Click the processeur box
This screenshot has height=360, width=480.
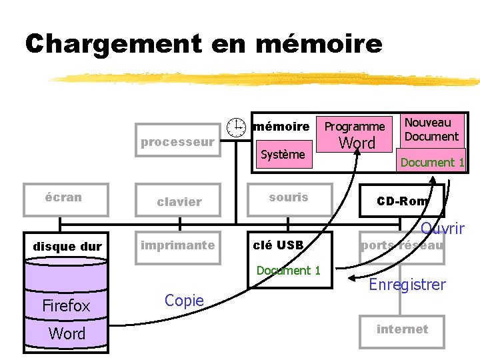tap(177, 141)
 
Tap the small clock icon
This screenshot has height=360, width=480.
tap(235, 127)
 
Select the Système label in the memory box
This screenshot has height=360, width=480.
tap(283, 155)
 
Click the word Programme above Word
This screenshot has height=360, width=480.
tap(355, 126)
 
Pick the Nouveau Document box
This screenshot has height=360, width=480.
tap(432, 129)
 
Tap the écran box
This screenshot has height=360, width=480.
tap(65, 199)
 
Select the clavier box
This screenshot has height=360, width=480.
tap(179, 201)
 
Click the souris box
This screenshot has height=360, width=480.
tap(289, 198)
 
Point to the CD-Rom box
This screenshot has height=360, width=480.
tap(402, 201)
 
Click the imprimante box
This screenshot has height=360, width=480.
tap(177, 245)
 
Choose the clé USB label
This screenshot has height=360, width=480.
tap(279, 245)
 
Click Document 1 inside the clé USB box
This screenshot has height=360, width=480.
tap(289, 271)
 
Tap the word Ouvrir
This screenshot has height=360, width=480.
tap(443, 229)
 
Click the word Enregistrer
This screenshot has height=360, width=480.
tap(407, 285)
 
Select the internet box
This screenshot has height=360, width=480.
tap(402, 329)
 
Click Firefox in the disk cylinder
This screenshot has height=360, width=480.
tap(65, 306)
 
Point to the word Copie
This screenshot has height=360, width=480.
tap(184, 301)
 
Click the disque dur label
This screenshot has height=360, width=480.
tap(67, 247)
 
